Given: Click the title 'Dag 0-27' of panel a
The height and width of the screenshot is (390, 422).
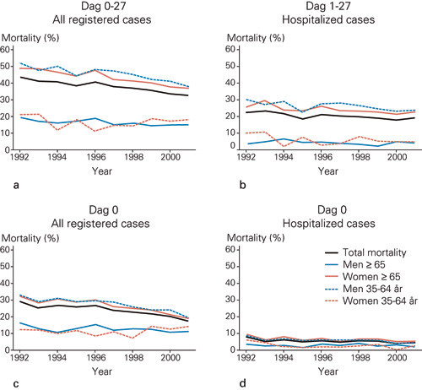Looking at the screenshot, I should (107, 7).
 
